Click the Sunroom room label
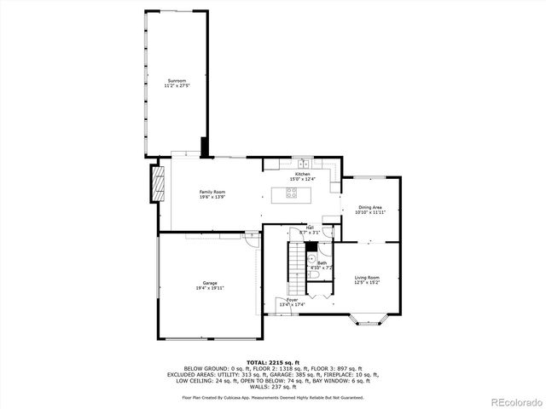177,80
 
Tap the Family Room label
212,192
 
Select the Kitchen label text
302,174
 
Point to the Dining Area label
369,207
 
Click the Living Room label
368,278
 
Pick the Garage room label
209,282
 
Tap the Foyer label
292,300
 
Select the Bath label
322,262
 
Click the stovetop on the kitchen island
292,193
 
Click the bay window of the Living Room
367,321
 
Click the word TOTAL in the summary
257,363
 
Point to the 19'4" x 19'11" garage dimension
209,288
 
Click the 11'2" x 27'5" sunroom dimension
177,86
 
